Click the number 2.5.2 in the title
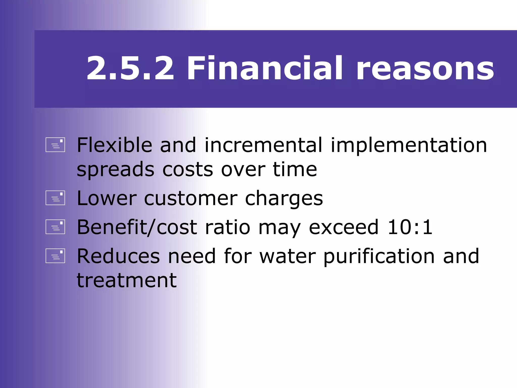[x=130, y=68]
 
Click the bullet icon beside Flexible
[x=55, y=145]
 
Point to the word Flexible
[x=114, y=145]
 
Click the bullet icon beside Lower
[x=55, y=198]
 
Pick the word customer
[x=191, y=199]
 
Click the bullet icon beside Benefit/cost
[x=55, y=227]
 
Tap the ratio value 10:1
[x=410, y=227]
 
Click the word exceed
[x=344, y=227]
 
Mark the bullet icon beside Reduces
[x=55, y=256]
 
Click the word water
[x=288, y=256]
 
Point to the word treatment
[x=126, y=281]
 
